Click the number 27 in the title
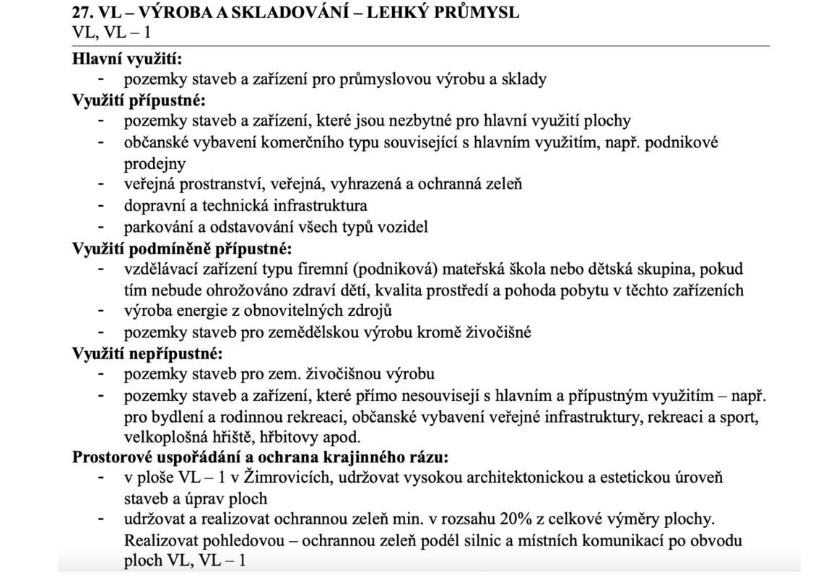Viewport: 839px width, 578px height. (82, 13)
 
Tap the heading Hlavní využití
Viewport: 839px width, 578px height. (127, 60)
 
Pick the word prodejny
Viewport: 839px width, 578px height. (155, 163)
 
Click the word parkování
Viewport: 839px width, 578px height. (156, 227)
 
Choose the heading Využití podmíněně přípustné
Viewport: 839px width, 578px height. (183, 249)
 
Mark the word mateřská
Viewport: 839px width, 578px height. (496, 269)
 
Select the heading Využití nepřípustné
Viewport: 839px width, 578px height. (148, 354)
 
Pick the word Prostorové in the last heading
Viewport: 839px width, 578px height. (110, 457)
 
